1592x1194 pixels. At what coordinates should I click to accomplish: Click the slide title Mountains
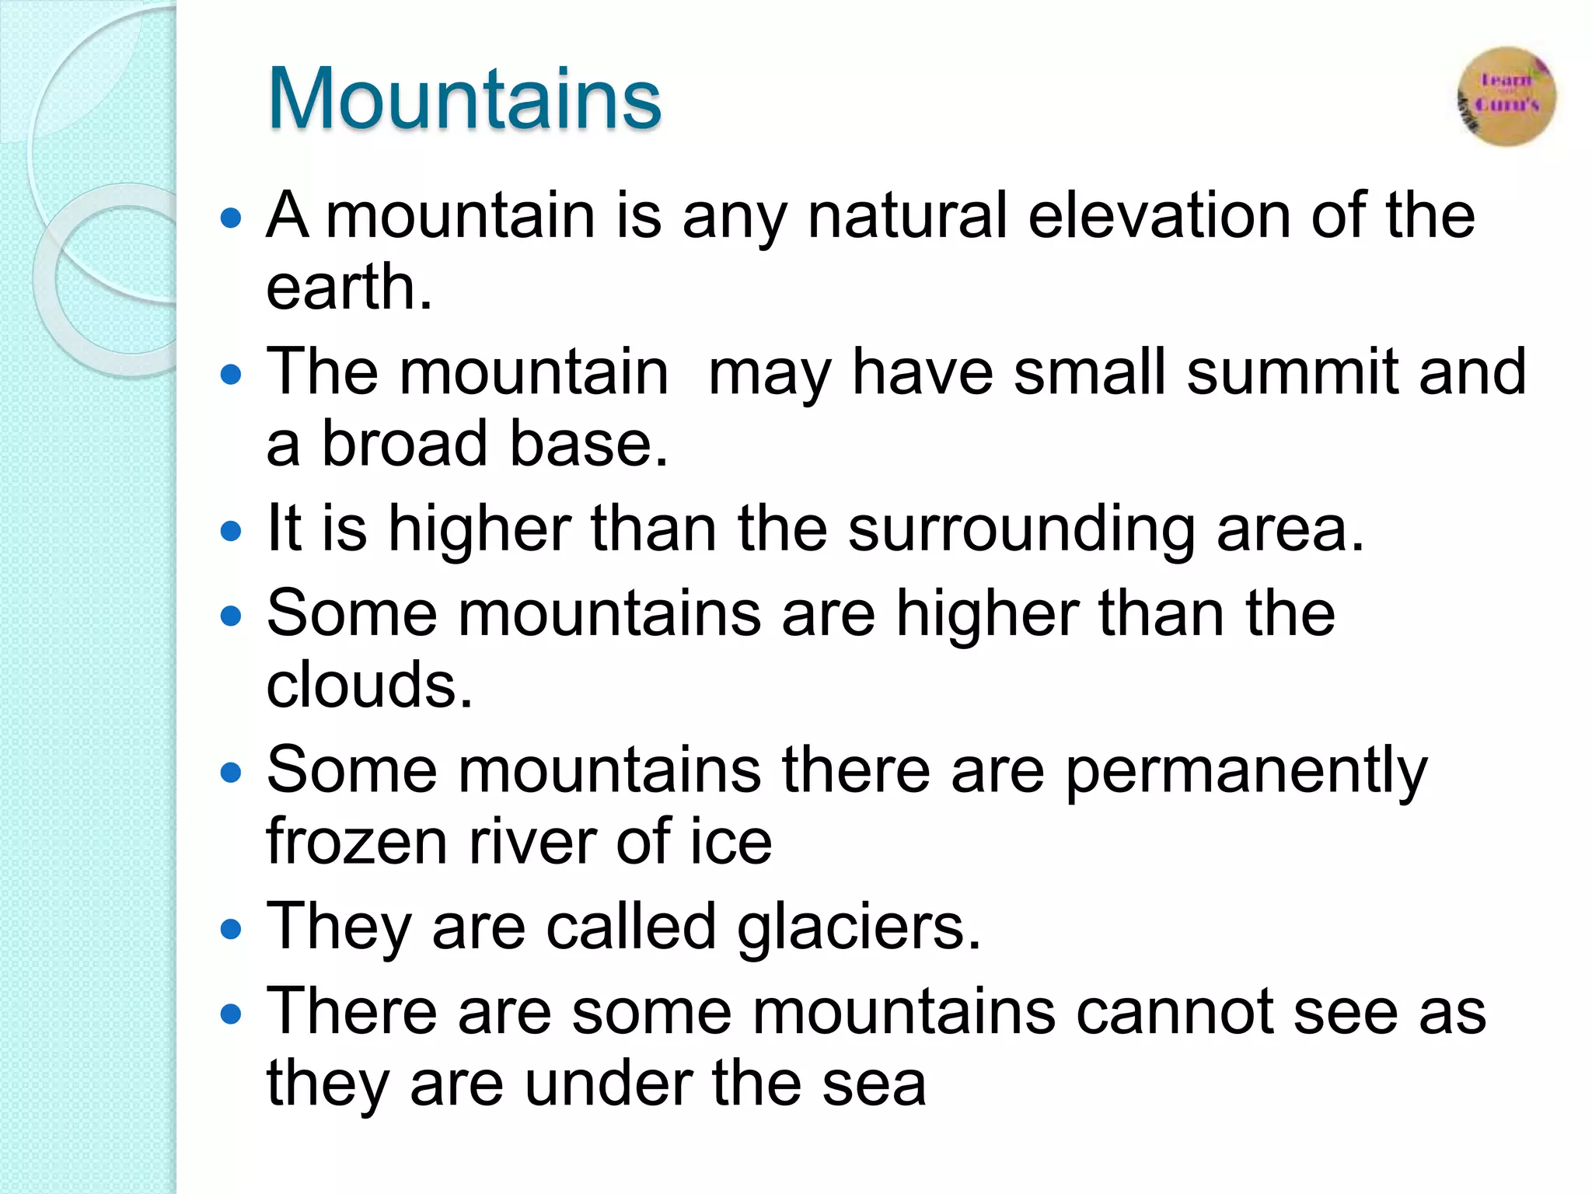point(464,99)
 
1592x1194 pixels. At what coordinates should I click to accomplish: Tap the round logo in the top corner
point(1506,96)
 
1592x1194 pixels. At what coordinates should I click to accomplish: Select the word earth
point(348,287)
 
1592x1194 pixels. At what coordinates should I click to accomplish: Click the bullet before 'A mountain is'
point(231,218)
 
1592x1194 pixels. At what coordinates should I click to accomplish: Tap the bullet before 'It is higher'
point(231,532)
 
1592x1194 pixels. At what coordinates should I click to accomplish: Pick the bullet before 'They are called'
point(231,929)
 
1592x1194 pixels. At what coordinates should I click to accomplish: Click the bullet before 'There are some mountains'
point(231,1014)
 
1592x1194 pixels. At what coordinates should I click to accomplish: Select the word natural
point(907,215)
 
